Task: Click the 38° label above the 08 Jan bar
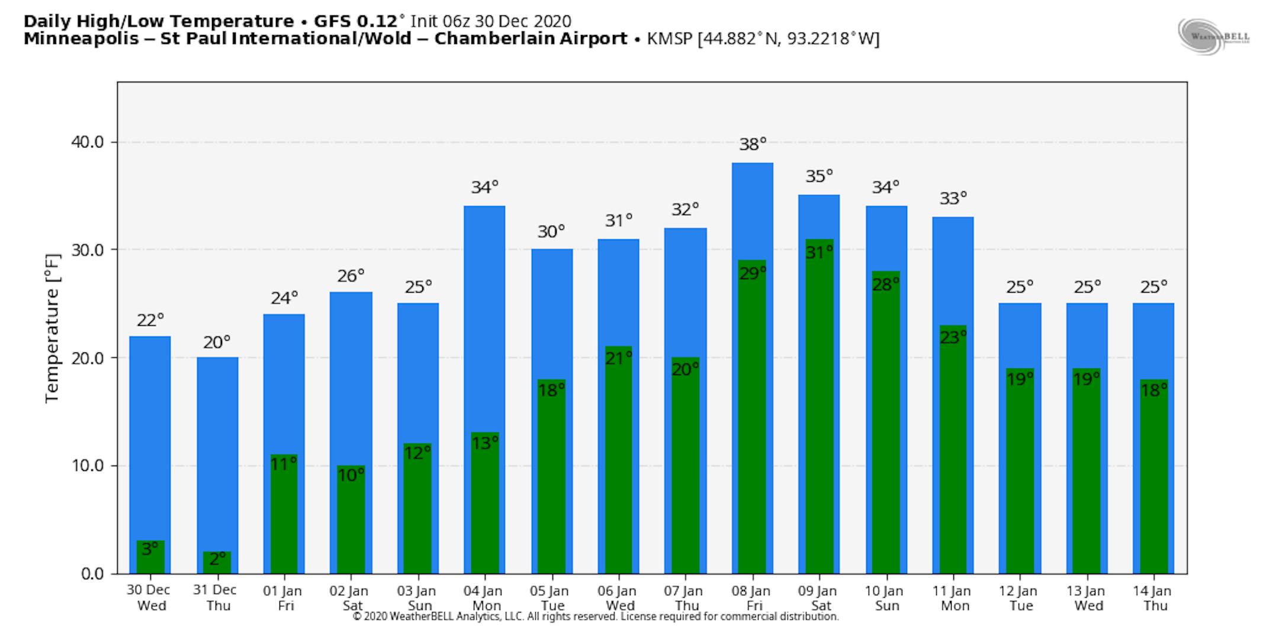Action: click(x=753, y=144)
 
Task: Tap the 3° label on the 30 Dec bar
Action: click(x=150, y=549)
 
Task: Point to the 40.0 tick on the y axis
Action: click(x=87, y=142)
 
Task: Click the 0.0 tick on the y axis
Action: click(x=91, y=573)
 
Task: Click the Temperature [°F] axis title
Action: click(x=53, y=329)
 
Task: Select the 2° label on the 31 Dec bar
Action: click(x=217, y=559)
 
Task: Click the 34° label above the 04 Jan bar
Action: click(x=485, y=187)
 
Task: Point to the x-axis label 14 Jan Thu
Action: click(x=1152, y=598)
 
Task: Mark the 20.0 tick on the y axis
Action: click(x=87, y=358)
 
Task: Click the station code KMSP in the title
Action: click(x=670, y=39)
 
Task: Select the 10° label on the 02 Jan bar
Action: click(x=351, y=475)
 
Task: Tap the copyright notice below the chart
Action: click(x=596, y=617)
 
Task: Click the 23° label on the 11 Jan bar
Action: click(x=953, y=337)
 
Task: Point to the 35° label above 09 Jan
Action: click(x=819, y=176)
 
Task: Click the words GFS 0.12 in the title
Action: click(x=355, y=21)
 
